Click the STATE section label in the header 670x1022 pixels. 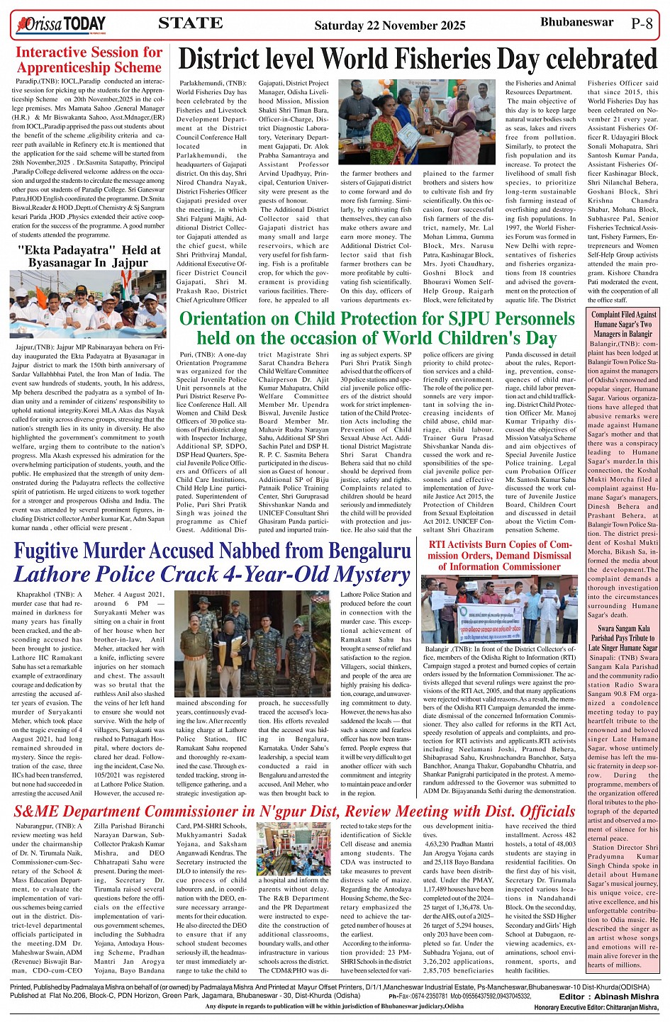click(x=190, y=23)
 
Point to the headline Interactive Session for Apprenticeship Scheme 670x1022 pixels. click(x=89, y=60)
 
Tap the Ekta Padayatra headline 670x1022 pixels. click(x=89, y=256)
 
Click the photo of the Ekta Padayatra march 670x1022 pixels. click(x=89, y=305)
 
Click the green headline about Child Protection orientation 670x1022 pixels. click(x=376, y=327)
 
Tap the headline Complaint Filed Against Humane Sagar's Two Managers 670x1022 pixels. click(x=624, y=324)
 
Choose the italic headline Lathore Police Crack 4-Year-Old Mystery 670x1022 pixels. click(x=212, y=574)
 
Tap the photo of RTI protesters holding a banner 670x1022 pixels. click(x=499, y=608)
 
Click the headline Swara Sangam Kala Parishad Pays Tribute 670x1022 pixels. click(x=624, y=638)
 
